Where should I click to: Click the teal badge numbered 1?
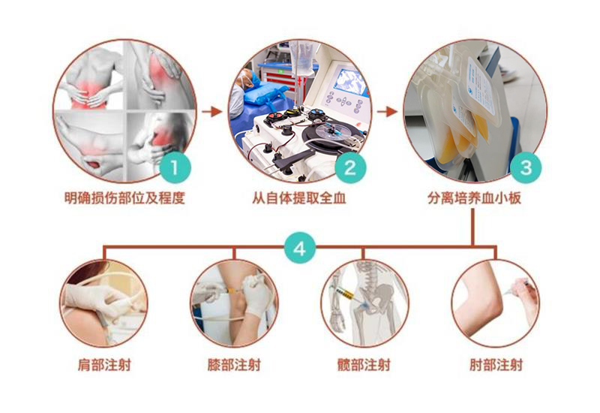175,167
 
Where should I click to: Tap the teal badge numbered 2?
350,167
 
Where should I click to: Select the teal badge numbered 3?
526,167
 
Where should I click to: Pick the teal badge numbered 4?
300,249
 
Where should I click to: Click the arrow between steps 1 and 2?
212,111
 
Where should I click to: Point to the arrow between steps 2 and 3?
387,111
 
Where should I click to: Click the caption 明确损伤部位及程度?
124,198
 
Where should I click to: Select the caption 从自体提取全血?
298,198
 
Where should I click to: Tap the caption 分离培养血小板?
475,198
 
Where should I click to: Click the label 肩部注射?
104,364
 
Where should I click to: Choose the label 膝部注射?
234,364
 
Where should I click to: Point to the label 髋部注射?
364,364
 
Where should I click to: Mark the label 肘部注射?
496,364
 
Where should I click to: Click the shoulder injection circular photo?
103,303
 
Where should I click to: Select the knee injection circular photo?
234,303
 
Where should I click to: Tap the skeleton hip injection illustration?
364,303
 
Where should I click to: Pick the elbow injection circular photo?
496,303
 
